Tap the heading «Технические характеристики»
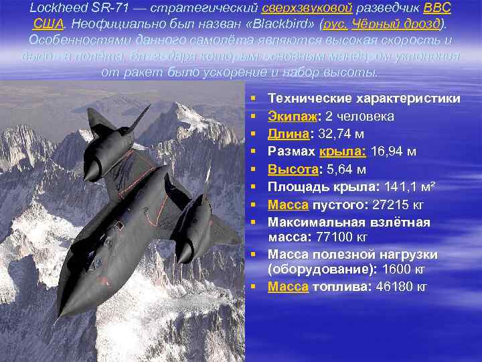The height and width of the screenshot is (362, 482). point(364,99)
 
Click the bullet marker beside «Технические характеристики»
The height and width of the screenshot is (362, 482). point(256,99)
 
